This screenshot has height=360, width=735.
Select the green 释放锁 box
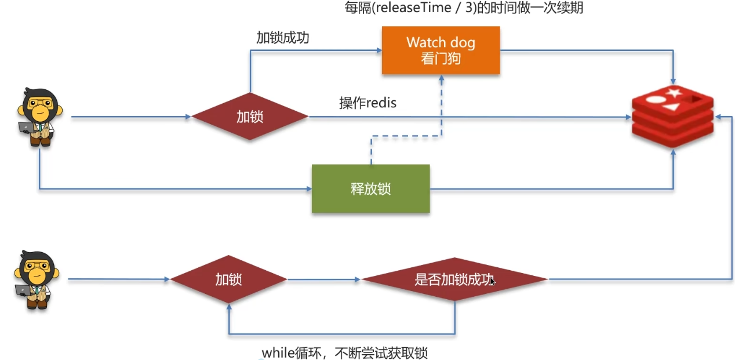click(x=370, y=188)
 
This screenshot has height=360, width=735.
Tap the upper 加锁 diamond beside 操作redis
click(x=250, y=117)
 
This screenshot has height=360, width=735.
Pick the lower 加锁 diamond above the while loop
click(x=228, y=279)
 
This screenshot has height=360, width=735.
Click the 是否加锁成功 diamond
click(x=454, y=279)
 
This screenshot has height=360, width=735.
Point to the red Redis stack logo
click(x=672, y=116)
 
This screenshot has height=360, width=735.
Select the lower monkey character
click(x=36, y=279)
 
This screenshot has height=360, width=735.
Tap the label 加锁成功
click(x=283, y=38)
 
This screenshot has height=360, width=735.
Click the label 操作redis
click(x=367, y=103)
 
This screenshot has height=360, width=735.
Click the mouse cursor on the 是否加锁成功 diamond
click(x=492, y=282)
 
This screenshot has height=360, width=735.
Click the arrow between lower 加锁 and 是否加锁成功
click(x=324, y=279)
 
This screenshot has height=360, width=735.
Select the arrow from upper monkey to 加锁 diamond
click(x=130, y=117)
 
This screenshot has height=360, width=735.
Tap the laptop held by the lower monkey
click(x=23, y=290)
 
